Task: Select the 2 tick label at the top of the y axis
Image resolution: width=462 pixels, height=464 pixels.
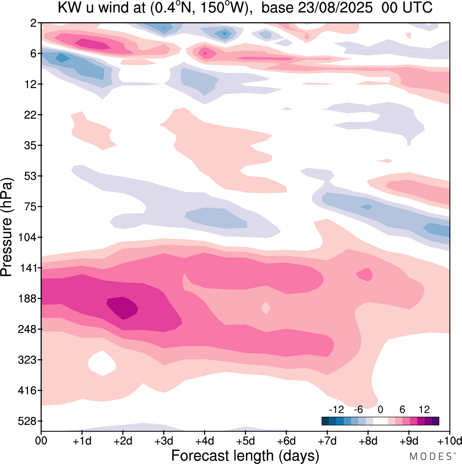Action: (33, 23)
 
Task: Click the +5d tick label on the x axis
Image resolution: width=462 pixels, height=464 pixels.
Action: (245, 441)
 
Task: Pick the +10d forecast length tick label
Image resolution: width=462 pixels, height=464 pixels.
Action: (450, 441)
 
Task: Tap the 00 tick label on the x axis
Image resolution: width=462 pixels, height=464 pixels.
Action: (41, 441)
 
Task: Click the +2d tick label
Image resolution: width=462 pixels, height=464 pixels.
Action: (123, 441)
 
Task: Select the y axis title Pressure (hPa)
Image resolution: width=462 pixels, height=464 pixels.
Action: (6, 227)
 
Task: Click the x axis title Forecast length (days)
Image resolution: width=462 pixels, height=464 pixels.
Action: (245, 455)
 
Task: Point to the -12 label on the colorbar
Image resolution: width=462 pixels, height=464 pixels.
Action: (336, 410)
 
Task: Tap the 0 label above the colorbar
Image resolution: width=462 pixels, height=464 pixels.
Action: (380, 410)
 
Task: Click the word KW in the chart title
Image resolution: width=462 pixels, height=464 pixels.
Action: (67, 8)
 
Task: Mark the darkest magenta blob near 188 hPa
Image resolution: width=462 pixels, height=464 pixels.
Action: (123, 308)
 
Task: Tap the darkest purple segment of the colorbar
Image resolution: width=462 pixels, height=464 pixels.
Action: (435, 421)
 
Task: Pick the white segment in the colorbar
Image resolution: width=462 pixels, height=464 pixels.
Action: (380, 421)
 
